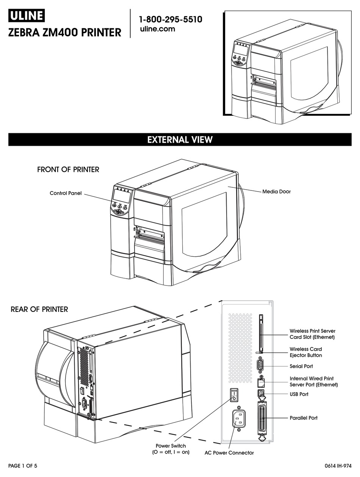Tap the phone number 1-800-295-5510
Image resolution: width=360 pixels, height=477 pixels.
[170, 19]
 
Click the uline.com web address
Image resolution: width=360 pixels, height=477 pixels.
[157, 29]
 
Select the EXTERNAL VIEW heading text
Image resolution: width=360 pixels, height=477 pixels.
[180, 139]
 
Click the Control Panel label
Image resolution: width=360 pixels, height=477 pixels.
[66, 193]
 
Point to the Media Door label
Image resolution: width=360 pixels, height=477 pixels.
[276, 192]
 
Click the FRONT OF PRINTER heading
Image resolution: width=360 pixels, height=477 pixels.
[68, 170]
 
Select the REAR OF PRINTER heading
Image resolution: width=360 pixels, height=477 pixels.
[39, 309]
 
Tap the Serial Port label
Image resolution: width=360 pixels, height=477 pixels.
[301, 366]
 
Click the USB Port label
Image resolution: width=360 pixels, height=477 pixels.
[299, 394]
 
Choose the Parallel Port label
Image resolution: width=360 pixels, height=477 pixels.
[304, 418]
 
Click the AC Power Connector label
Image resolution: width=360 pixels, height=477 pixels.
[229, 453]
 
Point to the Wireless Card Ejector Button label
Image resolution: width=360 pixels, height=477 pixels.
[306, 352]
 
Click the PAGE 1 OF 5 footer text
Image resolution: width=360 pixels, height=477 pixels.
[23, 466]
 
